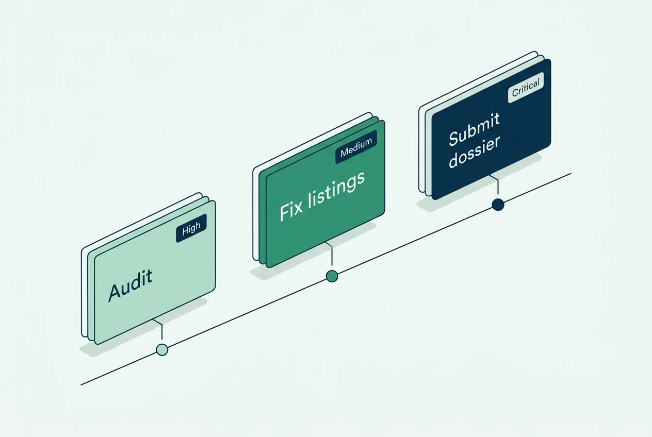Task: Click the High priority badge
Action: (x=191, y=228)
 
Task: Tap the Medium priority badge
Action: (x=356, y=147)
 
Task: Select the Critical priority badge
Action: (x=526, y=88)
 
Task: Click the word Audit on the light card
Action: (x=130, y=285)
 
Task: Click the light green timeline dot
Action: (x=162, y=349)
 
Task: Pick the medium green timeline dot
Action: (x=332, y=276)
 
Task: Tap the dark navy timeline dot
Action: (x=498, y=205)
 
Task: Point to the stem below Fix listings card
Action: (x=331, y=253)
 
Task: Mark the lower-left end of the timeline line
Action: (x=81, y=385)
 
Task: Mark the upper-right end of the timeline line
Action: (x=571, y=174)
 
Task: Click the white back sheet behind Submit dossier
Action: (x=422, y=145)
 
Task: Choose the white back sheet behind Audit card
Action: (x=85, y=291)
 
